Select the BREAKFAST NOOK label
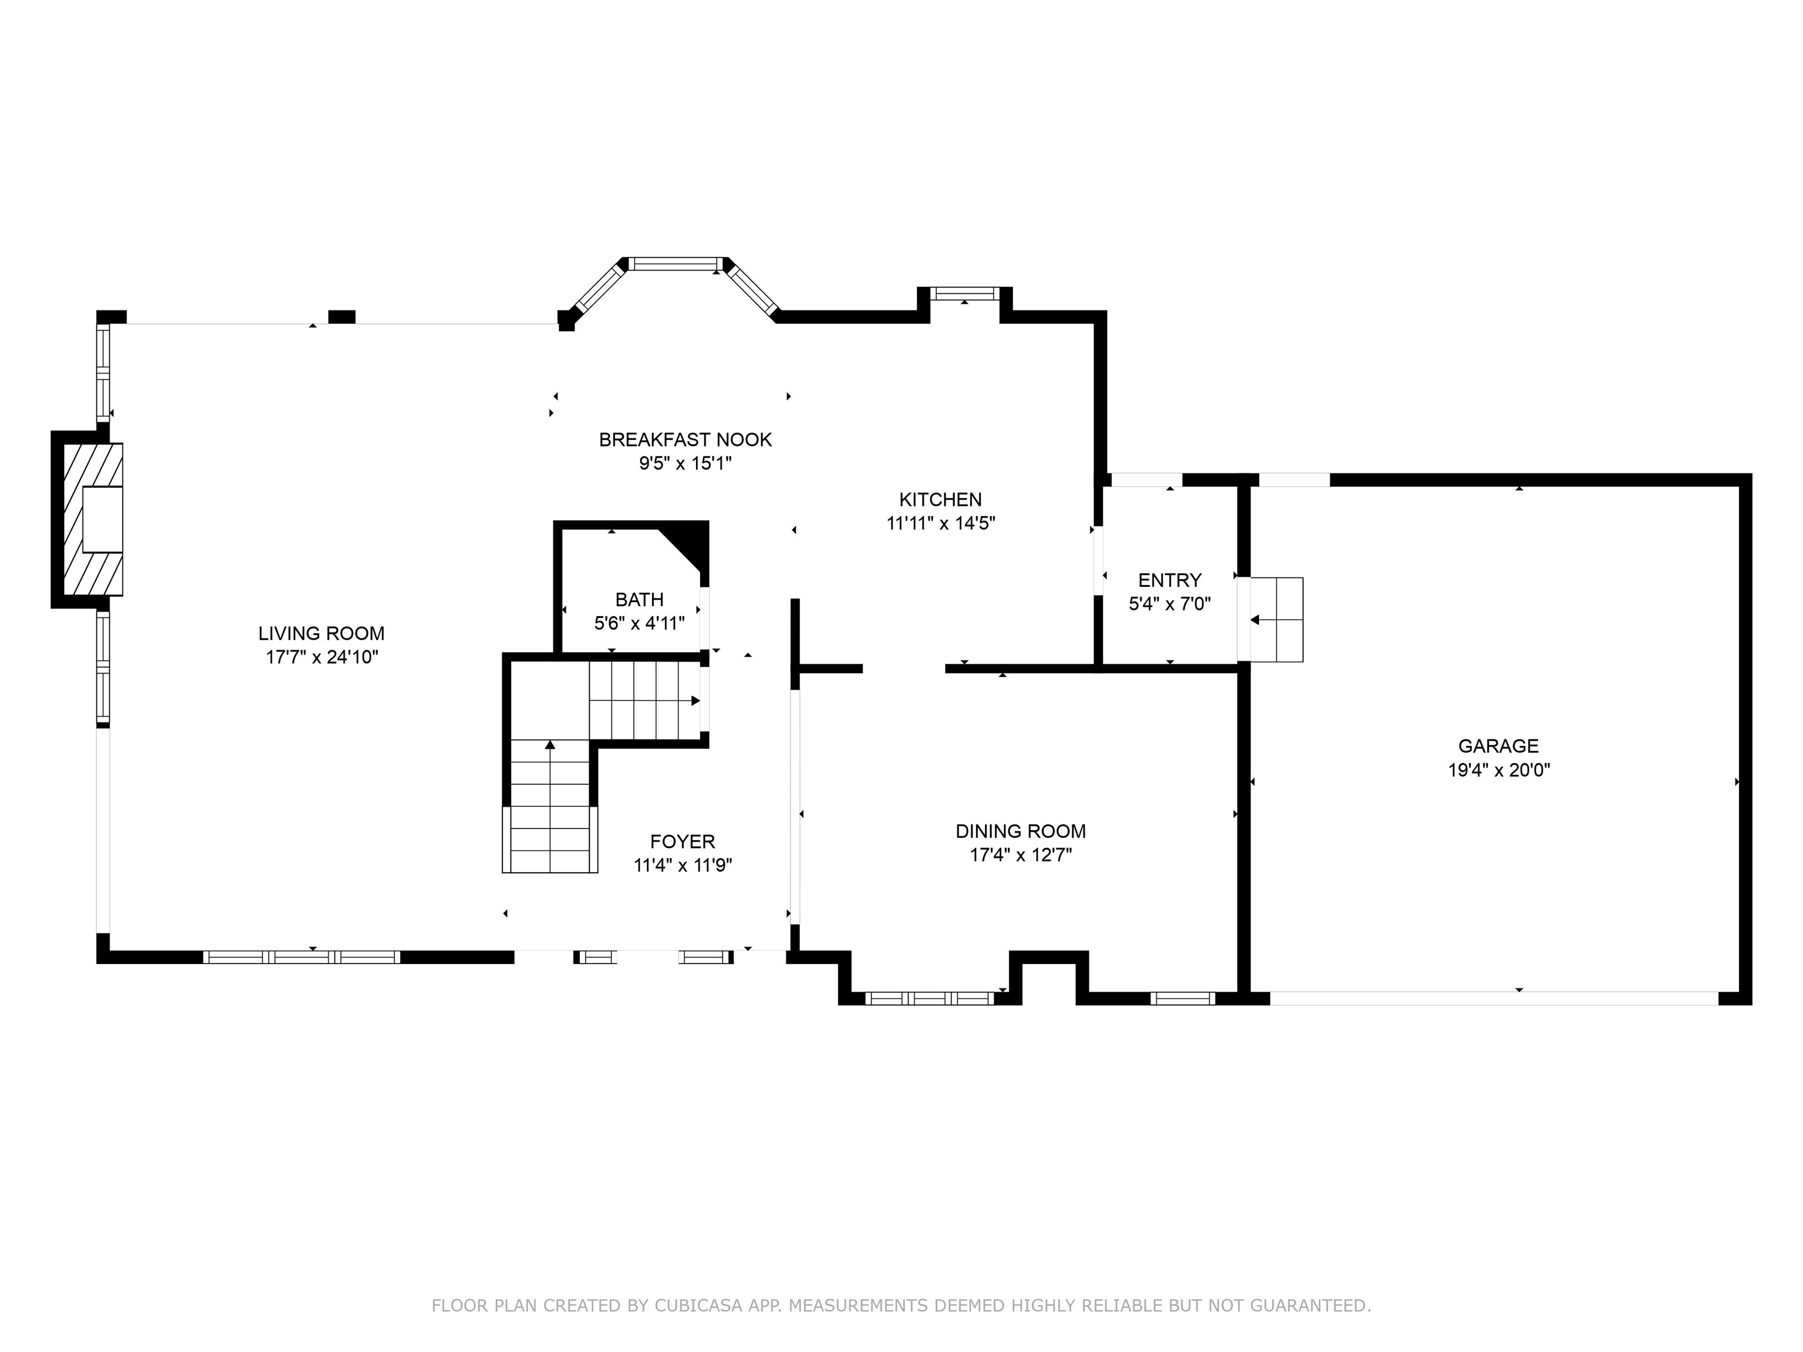coord(685,440)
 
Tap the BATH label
coord(639,600)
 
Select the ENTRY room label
coord(1170,580)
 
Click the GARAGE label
coord(1498,746)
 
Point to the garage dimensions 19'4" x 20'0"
coord(1498,770)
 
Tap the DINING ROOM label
coord(1021,832)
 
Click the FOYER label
coord(682,842)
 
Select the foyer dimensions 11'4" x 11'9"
coord(682,866)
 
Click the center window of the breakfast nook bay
coord(676,264)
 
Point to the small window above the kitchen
coord(965,293)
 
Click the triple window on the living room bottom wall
coord(302,956)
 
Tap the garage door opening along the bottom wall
coord(1493,998)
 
